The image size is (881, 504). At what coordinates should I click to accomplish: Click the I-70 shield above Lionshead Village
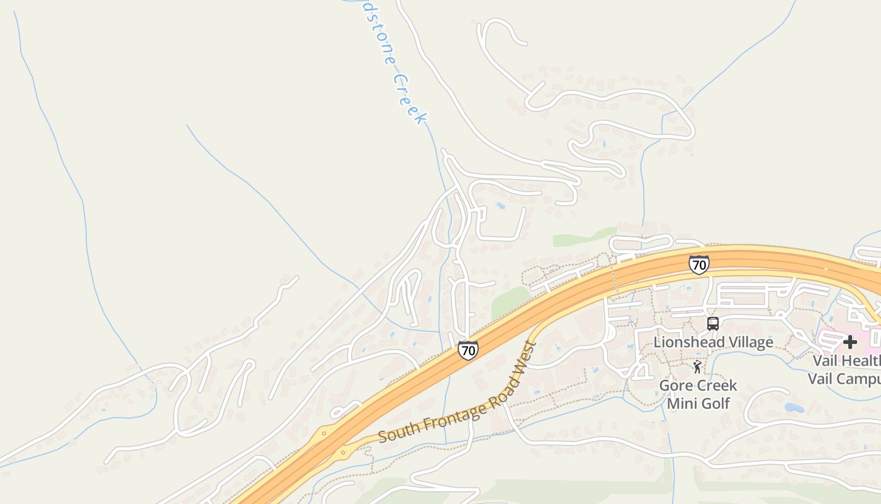(x=699, y=265)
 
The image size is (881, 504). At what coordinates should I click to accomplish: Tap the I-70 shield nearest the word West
(x=468, y=350)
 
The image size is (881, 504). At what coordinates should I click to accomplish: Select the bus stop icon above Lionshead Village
(x=712, y=324)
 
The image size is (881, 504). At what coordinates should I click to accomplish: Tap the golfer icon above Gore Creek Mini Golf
(x=697, y=367)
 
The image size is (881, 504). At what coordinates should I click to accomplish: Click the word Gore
(x=675, y=385)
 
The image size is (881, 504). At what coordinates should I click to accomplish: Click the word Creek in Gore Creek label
(x=716, y=385)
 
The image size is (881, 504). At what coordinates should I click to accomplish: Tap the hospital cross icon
(x=850, y=342)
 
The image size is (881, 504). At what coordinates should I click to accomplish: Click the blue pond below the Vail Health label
(x=794, y=407)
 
